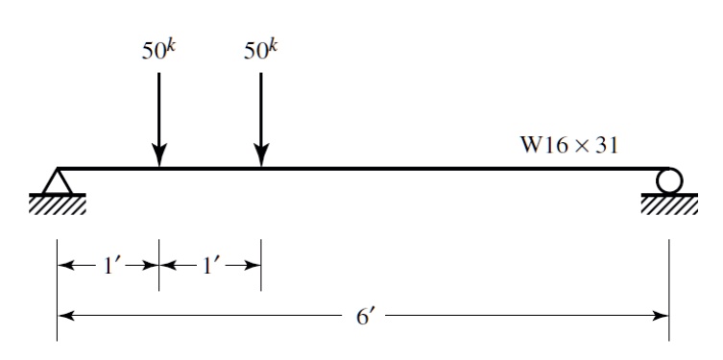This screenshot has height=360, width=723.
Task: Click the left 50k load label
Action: (x=159, y=49)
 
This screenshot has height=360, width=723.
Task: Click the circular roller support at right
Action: (x=668, y=180)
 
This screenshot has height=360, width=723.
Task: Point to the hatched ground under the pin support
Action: (x=58, y=203)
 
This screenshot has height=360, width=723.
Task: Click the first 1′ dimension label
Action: (x=108, y=263)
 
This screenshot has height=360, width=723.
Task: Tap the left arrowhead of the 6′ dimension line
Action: (x=64, y=313)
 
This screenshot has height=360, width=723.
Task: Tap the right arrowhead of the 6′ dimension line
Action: (x=663, y=313)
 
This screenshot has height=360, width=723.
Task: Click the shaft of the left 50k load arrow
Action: (x=159, y=110)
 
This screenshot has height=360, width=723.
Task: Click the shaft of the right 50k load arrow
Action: (x=261, y=110)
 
